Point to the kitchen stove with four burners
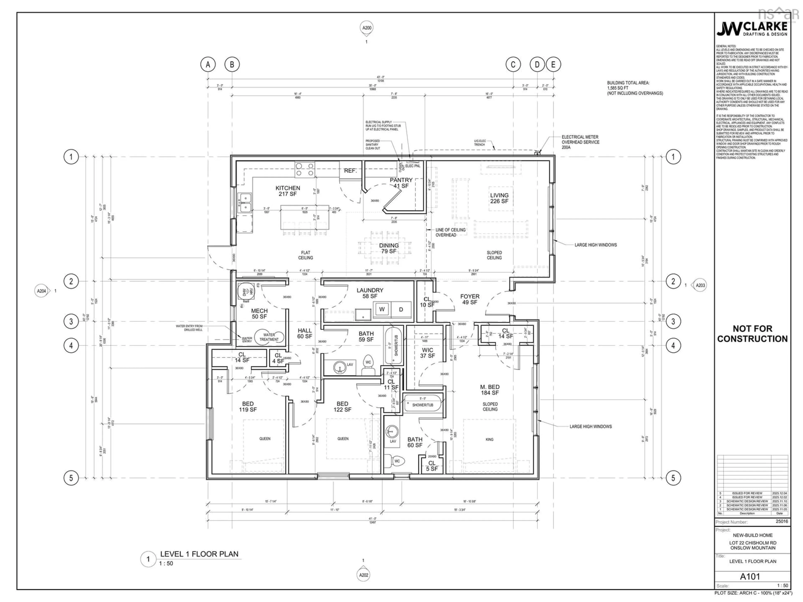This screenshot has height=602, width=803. (304, 170)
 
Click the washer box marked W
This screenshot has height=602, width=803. (382, 309)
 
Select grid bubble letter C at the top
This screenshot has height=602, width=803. (513, 65)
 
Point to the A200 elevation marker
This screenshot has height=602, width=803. (367, 28)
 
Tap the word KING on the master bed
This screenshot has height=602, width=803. (489, 439)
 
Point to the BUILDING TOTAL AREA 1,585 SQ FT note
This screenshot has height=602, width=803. (635, 88)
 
